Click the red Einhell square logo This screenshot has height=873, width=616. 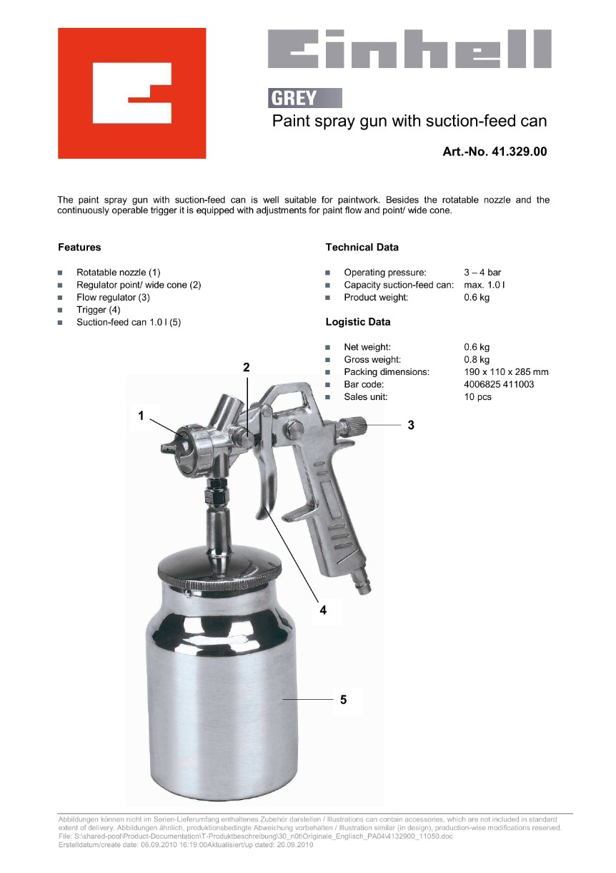coord(132,93)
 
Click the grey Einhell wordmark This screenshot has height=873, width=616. coord(409,49)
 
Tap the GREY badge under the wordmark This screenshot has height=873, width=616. coord(304,98)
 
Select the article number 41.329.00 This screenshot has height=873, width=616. coord(520,151)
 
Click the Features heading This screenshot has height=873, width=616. coord(79,247)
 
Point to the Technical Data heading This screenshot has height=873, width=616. coord(362,247)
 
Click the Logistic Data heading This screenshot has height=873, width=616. coord(357,322)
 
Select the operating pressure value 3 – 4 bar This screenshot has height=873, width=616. coord(482,272)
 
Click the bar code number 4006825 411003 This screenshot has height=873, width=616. coord(499,384)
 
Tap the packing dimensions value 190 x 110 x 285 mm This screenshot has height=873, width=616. coord(506,372)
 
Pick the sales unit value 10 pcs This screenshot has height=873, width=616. coord(477,396)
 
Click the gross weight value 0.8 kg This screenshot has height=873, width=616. coord(477,359)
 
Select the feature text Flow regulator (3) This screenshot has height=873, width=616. coord(113,298)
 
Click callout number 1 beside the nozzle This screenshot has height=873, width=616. coord(141,416)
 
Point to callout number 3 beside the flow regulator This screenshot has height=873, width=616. coord(411,425)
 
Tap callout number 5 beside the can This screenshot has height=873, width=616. coord(343,700)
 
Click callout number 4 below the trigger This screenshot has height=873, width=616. coord(323,610)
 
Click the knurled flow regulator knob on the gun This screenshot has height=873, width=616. coord(353,426)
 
